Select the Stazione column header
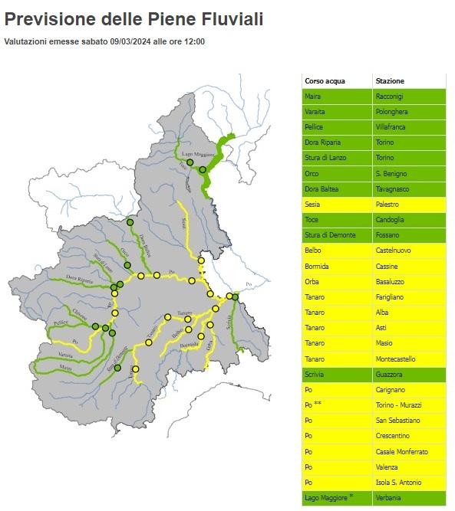(390, 80)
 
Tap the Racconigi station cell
(390, 97)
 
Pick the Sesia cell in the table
(313, 205)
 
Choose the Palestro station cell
(388, 205)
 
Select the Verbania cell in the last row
(389, 497)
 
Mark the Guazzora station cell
(390, 374)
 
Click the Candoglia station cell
(390, 220)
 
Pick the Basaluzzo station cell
(391, 281)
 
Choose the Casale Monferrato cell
(401, 451)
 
